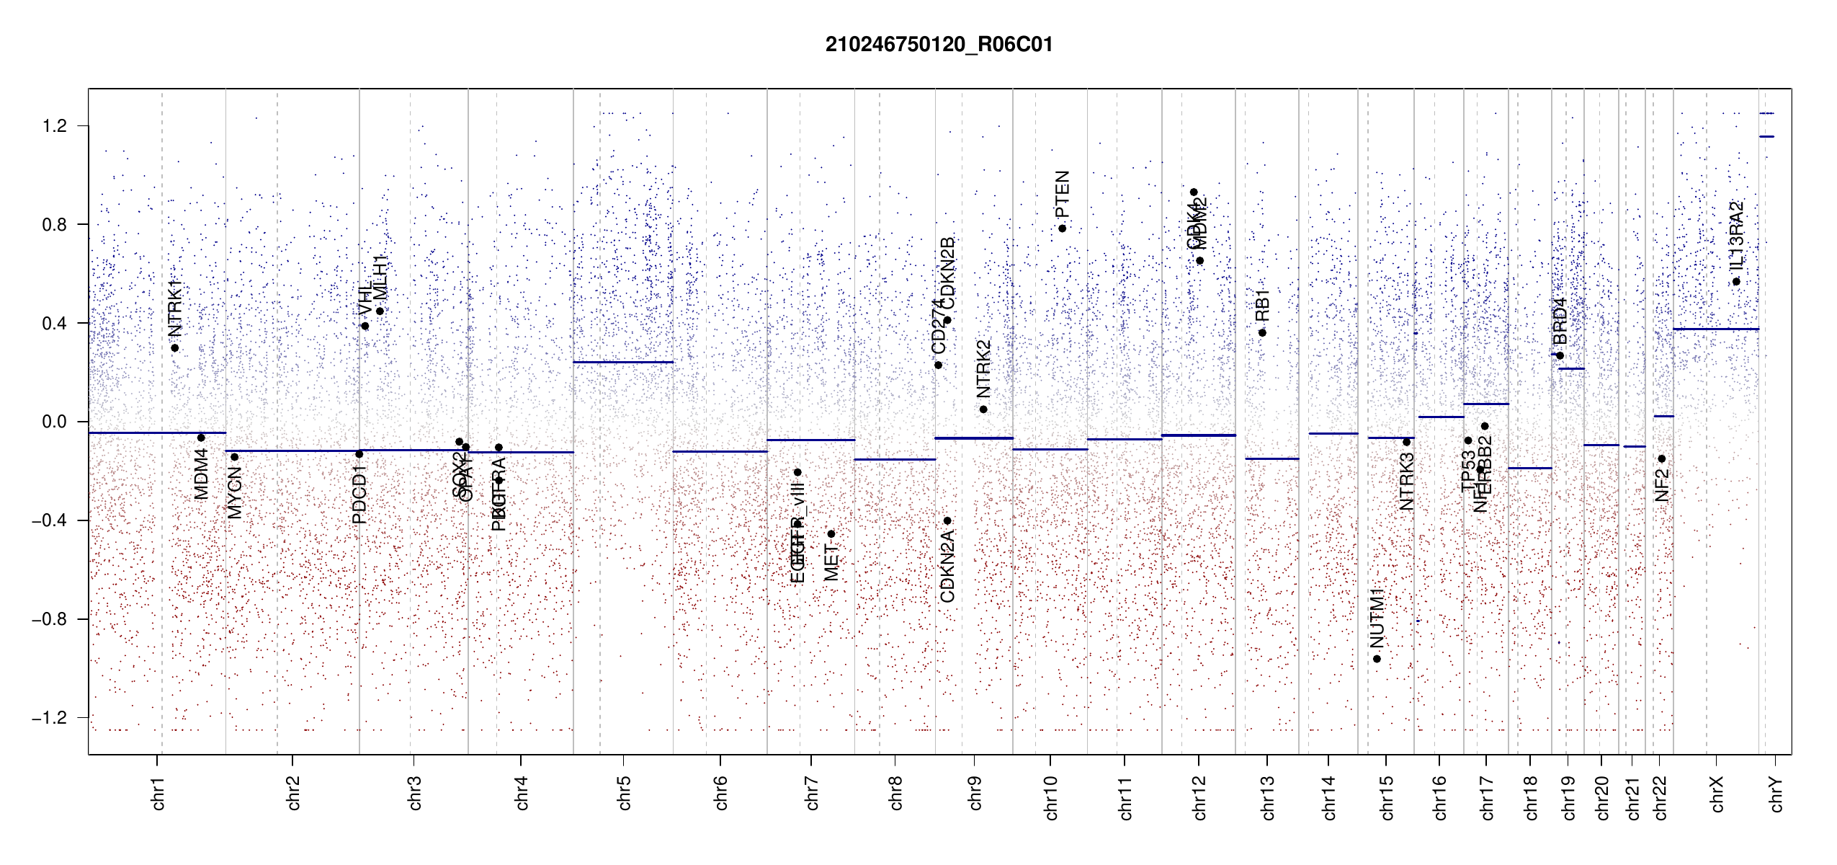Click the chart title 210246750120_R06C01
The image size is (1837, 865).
939,45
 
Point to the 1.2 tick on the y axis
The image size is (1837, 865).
55,126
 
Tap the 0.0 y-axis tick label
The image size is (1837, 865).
55,422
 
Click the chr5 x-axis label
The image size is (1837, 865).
624,793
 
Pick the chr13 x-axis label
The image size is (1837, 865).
1268,797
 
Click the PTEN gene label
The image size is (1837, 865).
1062,194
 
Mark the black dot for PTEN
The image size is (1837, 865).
1062,229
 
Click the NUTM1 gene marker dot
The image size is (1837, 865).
1377,659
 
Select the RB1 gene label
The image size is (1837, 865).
1262,305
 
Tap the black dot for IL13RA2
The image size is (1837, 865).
1736,282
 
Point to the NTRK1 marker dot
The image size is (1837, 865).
174,348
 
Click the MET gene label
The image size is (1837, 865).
831,562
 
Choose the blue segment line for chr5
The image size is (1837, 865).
623,362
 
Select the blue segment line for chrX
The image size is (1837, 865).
1715,329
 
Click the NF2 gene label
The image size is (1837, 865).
1661,484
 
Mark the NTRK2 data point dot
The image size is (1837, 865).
983,409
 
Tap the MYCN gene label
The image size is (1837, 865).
234,492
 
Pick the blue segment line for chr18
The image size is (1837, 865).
1530,468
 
